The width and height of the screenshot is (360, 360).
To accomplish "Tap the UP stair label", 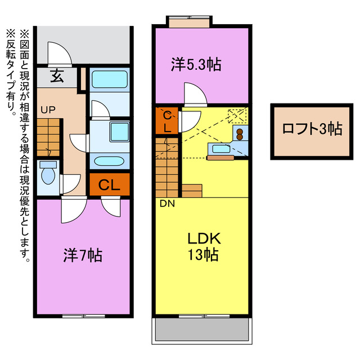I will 47,110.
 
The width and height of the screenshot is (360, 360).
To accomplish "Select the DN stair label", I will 167,204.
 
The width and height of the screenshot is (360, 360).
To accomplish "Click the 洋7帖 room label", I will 82,256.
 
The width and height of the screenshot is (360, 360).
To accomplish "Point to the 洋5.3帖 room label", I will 196,65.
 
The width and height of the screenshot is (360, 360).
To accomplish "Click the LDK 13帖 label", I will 203,246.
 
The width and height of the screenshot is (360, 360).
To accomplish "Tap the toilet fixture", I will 49,174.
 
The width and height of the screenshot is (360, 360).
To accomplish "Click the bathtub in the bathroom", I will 109,80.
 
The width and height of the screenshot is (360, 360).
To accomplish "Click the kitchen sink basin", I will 219,148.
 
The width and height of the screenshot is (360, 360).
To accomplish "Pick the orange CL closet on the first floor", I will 109,184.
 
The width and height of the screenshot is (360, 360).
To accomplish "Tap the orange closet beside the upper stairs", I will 167,120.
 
